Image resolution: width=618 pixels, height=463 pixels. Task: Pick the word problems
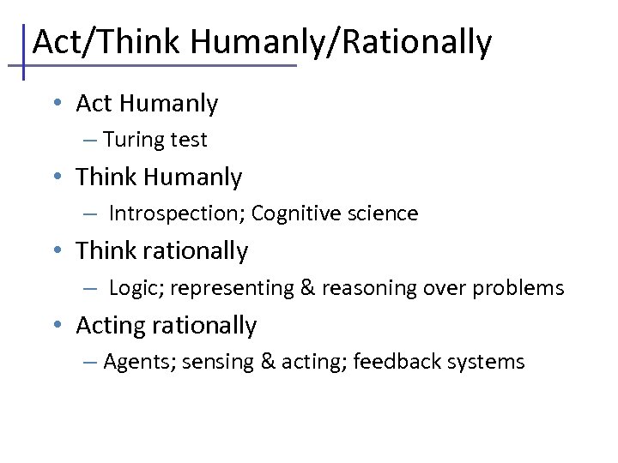[x=523, y=288]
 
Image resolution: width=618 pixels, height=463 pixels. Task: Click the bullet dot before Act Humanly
[x=56, y=103]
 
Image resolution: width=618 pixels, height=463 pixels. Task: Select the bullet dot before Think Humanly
[x=56, y=177]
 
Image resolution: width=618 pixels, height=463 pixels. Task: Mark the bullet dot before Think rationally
[x=56, y=250]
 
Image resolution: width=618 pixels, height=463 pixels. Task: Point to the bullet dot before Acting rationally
[x=56, y=325]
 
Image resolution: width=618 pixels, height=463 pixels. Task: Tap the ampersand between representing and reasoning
[x=307, y=288]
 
